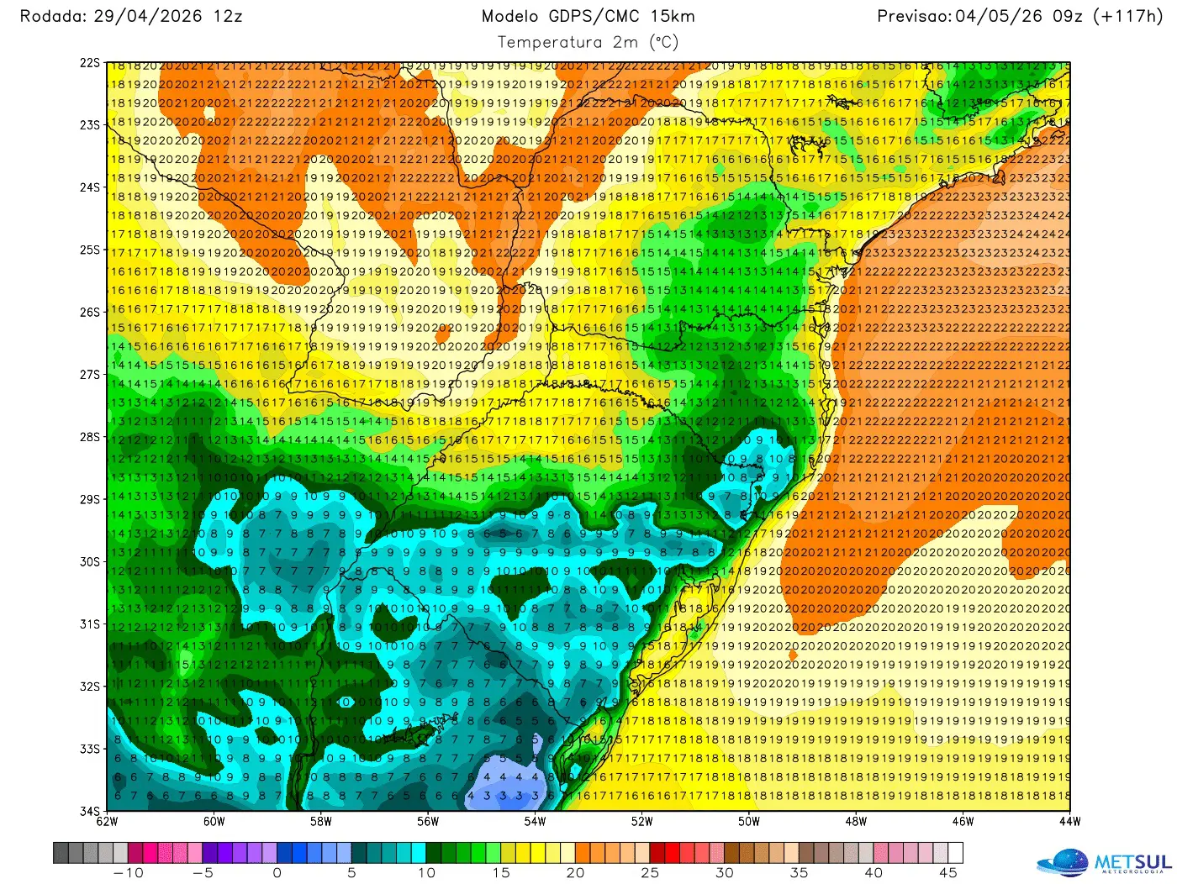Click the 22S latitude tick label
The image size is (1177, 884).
click(90, 63)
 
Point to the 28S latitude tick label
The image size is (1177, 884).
click(90, 437)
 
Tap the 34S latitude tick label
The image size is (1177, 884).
click(90, 811)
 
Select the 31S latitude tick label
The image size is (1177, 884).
click(90, 624)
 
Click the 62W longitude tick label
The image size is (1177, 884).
click(107, 822)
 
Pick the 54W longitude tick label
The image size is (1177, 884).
click(535, 822)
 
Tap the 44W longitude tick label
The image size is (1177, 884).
click(1069, 822)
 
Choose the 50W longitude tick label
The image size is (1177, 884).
click(748, 822)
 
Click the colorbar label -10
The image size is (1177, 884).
click(128, 873)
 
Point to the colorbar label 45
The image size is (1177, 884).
click(948, 873)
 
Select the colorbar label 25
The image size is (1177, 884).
click(650, 873)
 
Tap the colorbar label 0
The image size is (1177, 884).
click(277, 873)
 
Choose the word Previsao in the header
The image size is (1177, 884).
click(913, 16)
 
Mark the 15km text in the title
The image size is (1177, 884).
click(672, 16)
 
